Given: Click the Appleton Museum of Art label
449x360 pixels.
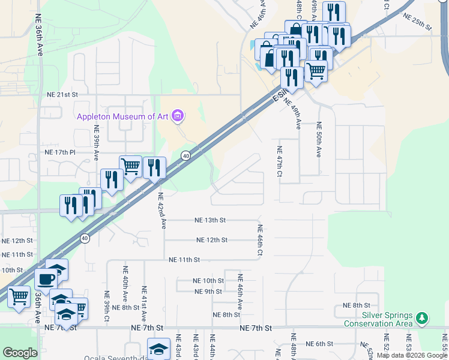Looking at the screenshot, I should [122, 116].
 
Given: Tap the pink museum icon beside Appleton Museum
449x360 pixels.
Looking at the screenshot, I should [177, 115].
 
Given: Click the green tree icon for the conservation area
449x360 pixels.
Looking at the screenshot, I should [422, 317].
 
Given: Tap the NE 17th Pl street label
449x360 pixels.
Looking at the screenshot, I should [60, 152].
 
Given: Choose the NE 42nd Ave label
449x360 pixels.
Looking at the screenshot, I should [161, 211].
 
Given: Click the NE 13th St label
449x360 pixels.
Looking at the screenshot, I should [209, 220].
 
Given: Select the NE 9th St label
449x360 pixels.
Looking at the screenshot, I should [209, 292].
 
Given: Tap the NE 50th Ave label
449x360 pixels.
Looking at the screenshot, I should [319, 139].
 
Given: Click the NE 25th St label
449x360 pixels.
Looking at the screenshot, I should [418, 22].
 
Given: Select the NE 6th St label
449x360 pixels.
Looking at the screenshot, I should [319, 344].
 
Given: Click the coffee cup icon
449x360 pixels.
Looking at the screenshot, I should [46, 278].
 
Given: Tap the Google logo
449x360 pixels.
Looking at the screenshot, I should [20, 353].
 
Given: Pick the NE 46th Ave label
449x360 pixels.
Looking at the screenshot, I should [240, 292].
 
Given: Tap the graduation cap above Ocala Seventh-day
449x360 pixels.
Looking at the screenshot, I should [158, 349].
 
